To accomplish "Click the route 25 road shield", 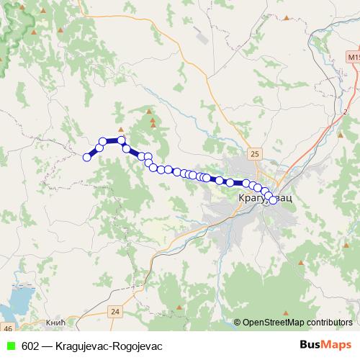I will (255, 153).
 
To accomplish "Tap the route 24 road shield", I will (115, 311).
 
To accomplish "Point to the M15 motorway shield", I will (352, 56).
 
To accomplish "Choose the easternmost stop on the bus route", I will (273, 199).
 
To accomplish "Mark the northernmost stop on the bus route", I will (122, 140).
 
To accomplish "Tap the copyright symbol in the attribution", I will (238, 323).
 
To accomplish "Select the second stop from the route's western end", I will (92, 153).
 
